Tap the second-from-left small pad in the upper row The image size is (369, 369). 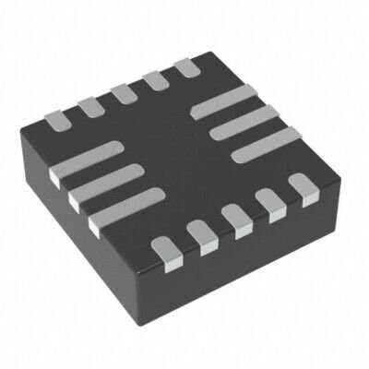pyautogui.click(x=89, y=105)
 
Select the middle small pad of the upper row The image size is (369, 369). pyautogui.click(x=122, y=93)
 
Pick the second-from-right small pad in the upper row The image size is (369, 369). pyautogui.click(x=155, y=81)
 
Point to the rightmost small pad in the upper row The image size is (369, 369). pyautogui.click(x=188, y=68)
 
